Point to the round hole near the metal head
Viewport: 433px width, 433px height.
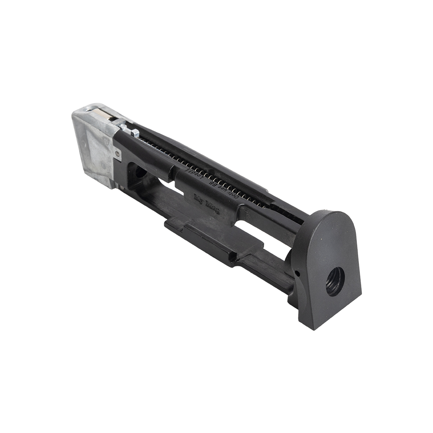pos(139,172)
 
